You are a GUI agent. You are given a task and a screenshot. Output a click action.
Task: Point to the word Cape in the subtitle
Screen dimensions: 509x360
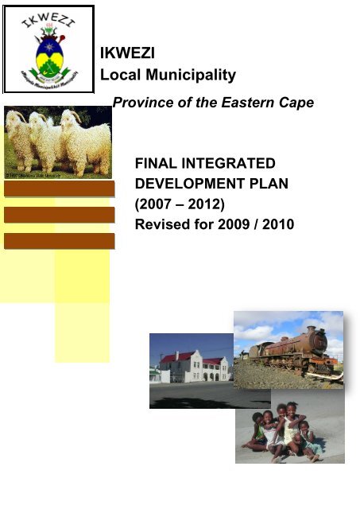click(x=296, y=103)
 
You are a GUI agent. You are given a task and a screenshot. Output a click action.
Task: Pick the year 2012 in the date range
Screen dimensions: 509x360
click(x=206, y=204)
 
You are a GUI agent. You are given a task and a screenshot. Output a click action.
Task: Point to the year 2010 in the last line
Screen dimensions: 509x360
click(x=277, y=225)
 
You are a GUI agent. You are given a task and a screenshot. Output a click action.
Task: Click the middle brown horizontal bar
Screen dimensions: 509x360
click(x=59, y=215)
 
